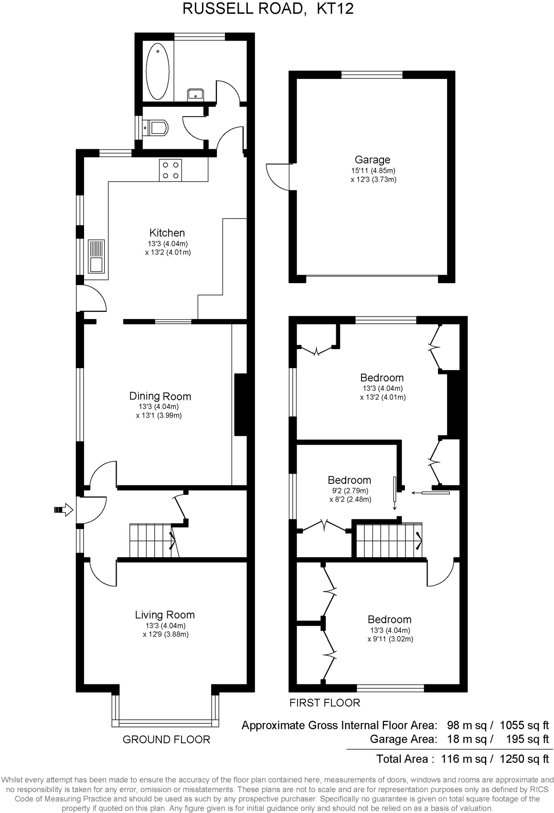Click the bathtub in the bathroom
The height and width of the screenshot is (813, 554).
[157, 71]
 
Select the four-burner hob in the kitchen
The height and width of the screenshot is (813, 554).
[170, 170]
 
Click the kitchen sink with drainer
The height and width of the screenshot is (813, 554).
[96, 256]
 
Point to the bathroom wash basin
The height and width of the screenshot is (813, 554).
[196, 94]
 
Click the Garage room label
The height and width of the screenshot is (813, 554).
[372, 160]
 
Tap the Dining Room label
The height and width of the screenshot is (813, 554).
[160, 396]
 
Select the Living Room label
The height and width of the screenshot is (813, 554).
[165, 615]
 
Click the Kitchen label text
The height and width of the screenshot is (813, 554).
[167, 233]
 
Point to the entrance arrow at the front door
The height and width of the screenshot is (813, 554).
[63, 510]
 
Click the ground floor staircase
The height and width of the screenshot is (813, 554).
[150, 540]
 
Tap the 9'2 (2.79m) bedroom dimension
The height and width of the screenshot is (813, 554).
[350, 491]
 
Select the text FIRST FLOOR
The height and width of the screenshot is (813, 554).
[324, 703]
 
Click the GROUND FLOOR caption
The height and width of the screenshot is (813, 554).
[166, 740]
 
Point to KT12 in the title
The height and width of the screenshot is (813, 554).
[335, 9]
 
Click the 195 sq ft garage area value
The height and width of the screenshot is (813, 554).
[527, 739]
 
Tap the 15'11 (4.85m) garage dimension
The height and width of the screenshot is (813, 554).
[373, 171]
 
